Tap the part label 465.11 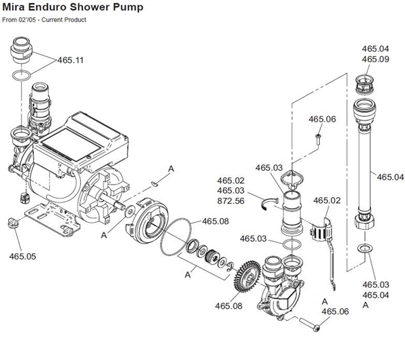[71, 60]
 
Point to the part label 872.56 [231, 201]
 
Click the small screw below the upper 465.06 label [317, 140]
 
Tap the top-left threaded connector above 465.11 [21, 51]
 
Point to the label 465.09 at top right [375, 59]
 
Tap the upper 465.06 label [322, 120]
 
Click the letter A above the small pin [171, 168]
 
